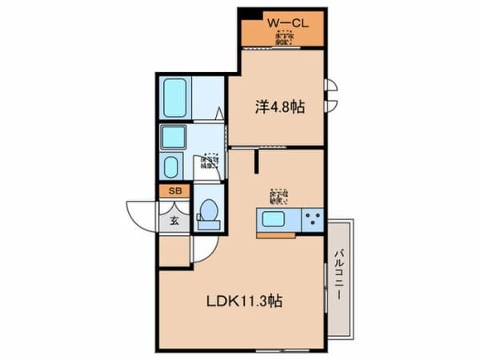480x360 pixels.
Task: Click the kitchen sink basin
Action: coord(275,219)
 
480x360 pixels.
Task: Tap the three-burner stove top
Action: coord(312,218)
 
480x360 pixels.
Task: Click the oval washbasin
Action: coord(172,167)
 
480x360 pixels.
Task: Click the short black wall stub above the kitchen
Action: coord(257,162)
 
